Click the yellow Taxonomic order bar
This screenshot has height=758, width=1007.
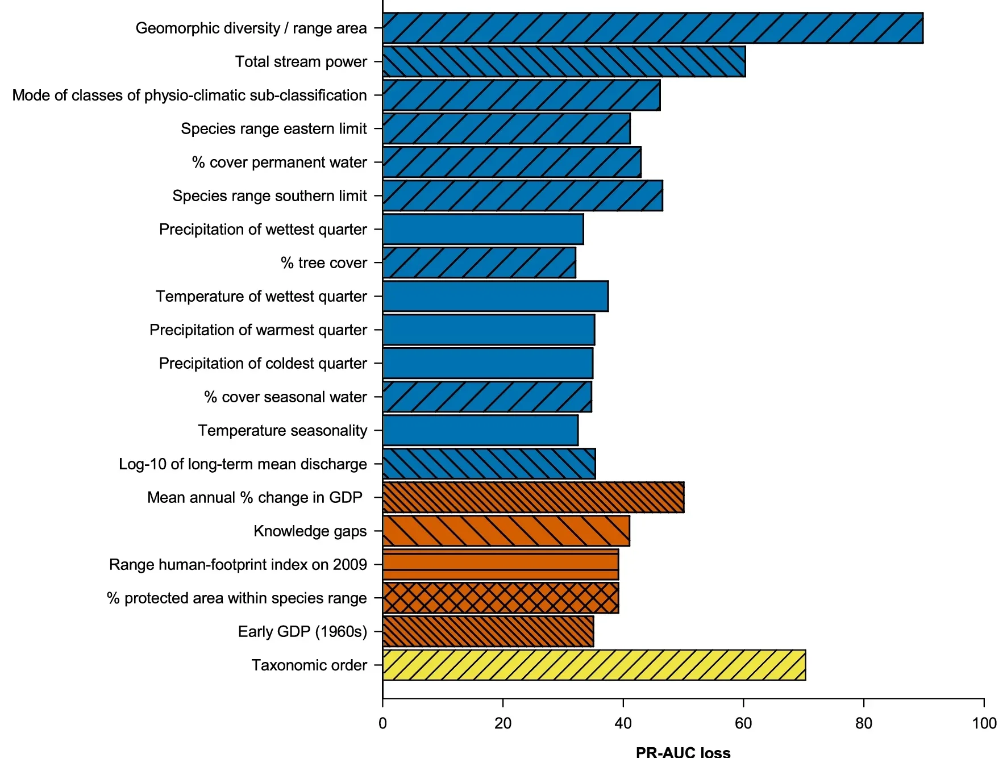tap(594, 665)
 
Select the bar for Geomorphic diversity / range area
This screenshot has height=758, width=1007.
tap(652, 28)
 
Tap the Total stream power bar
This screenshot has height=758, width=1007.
tap(564, 61)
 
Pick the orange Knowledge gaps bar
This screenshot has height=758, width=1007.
tap(506, 531)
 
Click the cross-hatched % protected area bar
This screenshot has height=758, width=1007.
tap(500, 598)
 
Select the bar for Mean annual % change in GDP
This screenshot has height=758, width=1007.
tap(533, 497)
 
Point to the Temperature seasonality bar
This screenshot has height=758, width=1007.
tap(480, 430)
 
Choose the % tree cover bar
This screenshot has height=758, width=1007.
tap(479, 263)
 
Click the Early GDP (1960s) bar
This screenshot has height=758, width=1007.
tap(488, 631)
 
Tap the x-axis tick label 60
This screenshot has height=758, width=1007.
tap(743, 723)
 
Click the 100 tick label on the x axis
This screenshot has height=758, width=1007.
tap(984, 723)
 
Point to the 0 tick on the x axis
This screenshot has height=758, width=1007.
tap(382, 723)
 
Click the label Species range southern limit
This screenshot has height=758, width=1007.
tap(269, 195)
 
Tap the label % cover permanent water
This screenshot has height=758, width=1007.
tap(279, 162)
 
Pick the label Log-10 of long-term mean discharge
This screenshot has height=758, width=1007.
tap(243, 464)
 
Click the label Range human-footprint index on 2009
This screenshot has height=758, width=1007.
tap(238, 564)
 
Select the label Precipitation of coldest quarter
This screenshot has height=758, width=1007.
tap(263, 363)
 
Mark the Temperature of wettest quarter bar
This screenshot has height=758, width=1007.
tap(495, 296)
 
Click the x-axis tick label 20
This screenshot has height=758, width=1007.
tap(502, 723)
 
